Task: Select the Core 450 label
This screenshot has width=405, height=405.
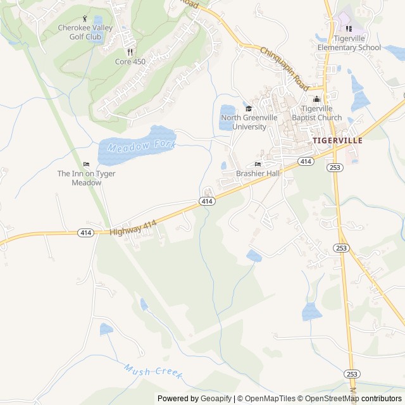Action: pos(130,62)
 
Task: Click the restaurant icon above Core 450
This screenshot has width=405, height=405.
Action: pos(130,52)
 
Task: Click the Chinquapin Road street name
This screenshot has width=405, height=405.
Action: pos(283,68)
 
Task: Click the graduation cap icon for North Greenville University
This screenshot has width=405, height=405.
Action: pos(248,108)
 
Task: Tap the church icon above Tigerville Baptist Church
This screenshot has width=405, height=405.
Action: pos(316,99)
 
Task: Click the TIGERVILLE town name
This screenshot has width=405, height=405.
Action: pos(337,140)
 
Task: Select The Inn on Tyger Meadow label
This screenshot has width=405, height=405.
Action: pos(86,178)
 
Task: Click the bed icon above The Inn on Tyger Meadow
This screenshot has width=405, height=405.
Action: pos(86,164)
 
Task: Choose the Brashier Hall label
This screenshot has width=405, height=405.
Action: pos(258,173)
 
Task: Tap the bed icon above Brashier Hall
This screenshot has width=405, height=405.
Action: pos(258,164)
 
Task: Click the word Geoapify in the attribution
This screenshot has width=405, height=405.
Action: pos(215,399)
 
